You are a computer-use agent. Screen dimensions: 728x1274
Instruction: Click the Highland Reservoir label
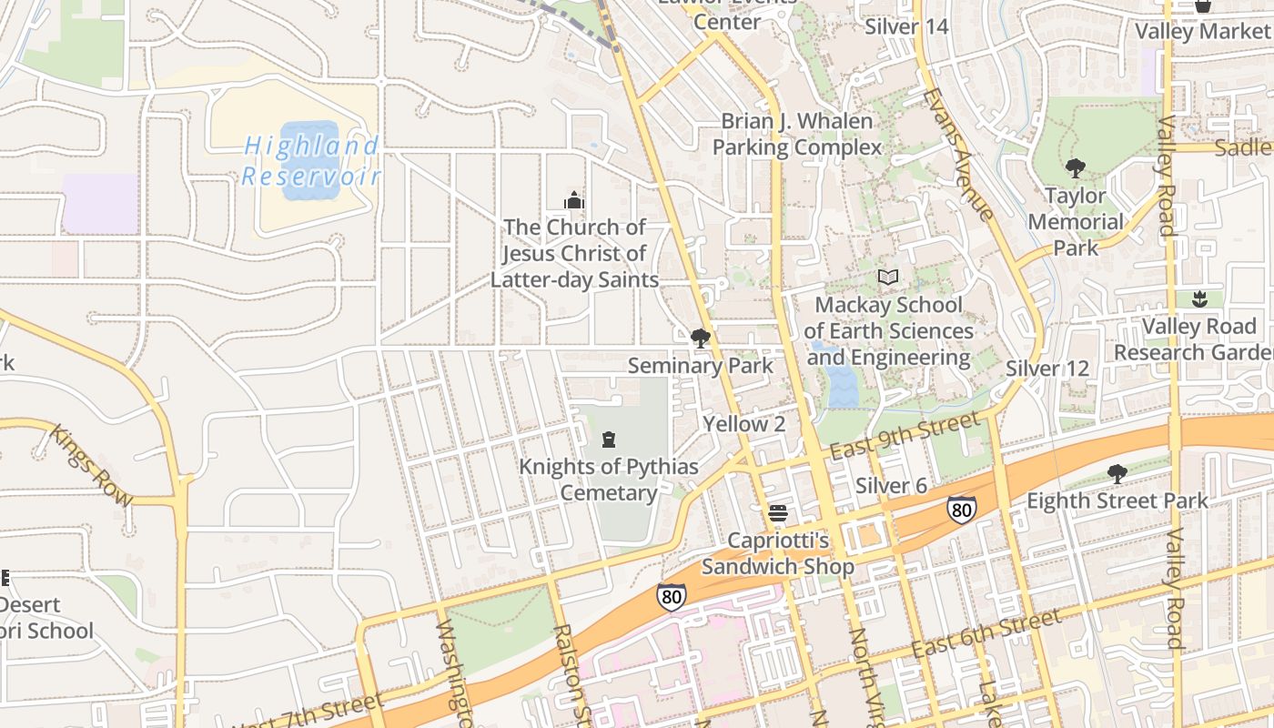pos(311,160)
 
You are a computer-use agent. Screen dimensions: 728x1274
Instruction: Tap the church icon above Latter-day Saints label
pos(574,200)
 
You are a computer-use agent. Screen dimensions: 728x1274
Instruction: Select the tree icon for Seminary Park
pos(700,339)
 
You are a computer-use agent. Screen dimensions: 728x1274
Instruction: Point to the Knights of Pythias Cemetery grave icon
pos(609,440)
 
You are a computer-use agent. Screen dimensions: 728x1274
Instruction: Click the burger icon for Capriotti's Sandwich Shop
pos(777,513)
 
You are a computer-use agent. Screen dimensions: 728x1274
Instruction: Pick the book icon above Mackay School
pos(887,278)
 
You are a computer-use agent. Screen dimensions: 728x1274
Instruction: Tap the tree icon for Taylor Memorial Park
pos(1075,168)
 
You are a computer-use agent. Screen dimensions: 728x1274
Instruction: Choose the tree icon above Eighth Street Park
pos(1117,474)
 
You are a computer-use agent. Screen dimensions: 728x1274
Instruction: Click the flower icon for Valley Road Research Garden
pos(1198,299)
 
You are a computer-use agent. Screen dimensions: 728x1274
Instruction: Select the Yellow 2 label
pos(743,424)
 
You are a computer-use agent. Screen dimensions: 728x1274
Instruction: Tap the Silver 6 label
pos(891,486)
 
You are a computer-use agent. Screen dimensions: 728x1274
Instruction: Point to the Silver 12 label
pos(1046,369)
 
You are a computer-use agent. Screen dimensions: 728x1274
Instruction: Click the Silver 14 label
pos(906,26)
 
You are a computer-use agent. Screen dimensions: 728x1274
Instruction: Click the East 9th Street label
pos(906,437)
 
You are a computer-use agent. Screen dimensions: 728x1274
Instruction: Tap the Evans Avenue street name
pos(957,155)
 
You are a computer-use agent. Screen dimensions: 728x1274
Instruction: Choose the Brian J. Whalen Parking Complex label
pos(797,134)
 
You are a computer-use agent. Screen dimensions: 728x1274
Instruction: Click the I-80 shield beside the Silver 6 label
pos(961,509)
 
